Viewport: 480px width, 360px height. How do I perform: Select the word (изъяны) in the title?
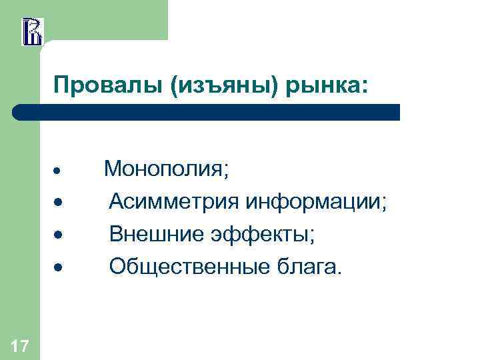[x=219, y=86]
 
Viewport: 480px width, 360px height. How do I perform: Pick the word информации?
[x=313, y=201]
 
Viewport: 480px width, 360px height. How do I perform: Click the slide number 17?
[x=20, y=345]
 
